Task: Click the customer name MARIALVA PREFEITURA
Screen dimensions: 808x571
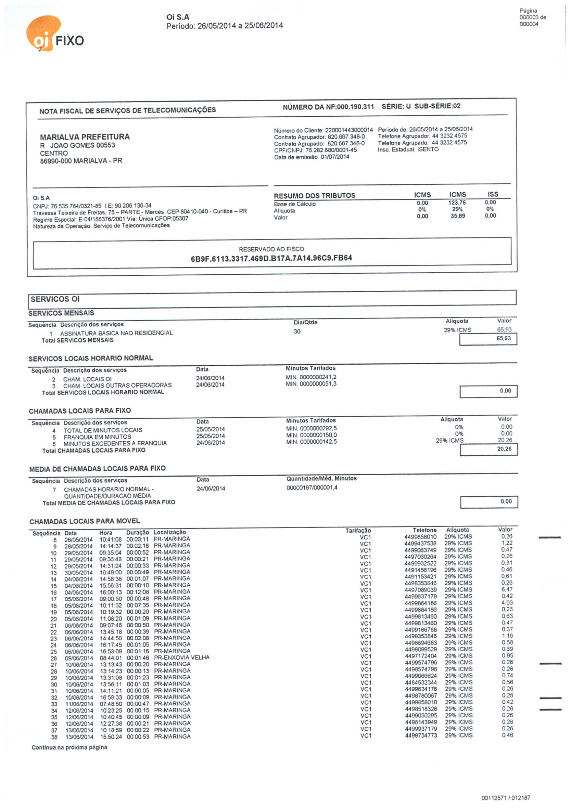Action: pyautogui.click(x=85, y=137)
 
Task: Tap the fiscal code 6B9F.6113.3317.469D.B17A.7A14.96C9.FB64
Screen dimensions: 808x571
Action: pyautogui.click(x=271, y=258)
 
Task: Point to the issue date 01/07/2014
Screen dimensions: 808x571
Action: pyautogui.click(x=335, y=157)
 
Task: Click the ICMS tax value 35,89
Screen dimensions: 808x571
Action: pyautogui.click(x=458, y=216)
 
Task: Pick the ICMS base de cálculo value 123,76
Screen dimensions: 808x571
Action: pyautogui.click(x=457, y=203)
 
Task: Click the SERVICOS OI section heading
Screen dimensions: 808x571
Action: pyautogui.click(x=55, y=299)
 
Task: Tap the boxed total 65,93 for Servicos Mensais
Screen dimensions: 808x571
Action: pyautogui.click(x=503, y=338)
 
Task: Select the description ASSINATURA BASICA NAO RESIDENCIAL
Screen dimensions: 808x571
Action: pyautogui.click(x=116, y=333)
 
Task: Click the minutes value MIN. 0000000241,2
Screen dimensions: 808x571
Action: pyautogui.click(x=311, y=377)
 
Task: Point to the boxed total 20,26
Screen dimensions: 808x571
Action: pyautogui.click(x=504, y=449)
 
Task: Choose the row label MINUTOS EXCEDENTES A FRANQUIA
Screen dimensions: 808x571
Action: pyautogui.click(x=115, y=443)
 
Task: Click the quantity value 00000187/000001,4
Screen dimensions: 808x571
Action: pyautogui.click(x=312, y=487)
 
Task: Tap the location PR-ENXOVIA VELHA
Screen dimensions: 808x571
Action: pyautogui.click(x=181, y=657)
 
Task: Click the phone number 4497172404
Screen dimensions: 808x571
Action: pyautogui.click(x=421, y=656)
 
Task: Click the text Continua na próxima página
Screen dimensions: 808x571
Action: pyautogui.click(x=69, y=747)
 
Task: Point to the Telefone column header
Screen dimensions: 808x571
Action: pyautogui.click(x=424, y=530)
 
